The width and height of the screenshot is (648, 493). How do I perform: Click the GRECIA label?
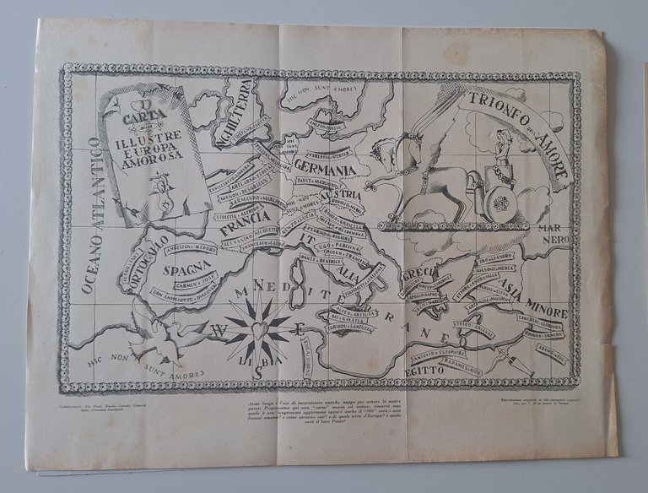(x=419, y=276)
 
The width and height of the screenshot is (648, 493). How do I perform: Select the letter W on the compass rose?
(x=217, y=328)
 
